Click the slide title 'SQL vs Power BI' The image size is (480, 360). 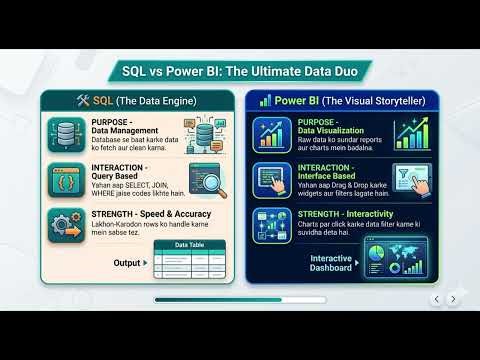[x=240, y=71]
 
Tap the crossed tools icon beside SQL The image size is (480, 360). [x=83, y=101]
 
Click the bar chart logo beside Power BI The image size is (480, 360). [x=265, y=101]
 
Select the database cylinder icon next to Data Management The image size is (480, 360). [x=65, y=134]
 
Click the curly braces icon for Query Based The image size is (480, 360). [x=65, y=184]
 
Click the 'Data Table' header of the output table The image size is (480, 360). [x=191, y=244]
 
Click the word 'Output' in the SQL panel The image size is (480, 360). [x=127, y=262]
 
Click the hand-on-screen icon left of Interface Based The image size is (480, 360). [x=272, y=182]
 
